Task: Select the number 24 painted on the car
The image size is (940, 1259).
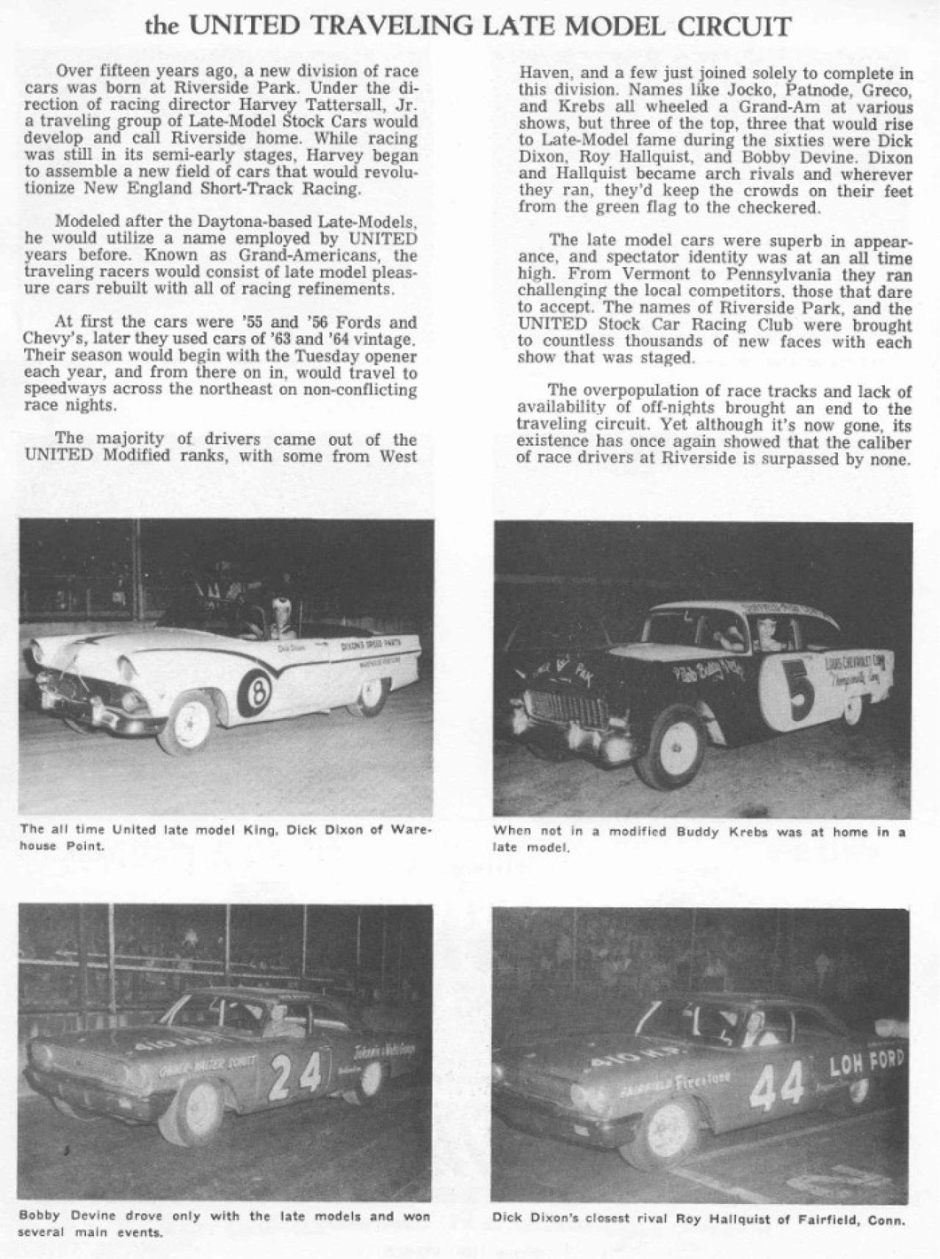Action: point(296,1078)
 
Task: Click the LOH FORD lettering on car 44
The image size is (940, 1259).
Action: point(867,1064)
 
